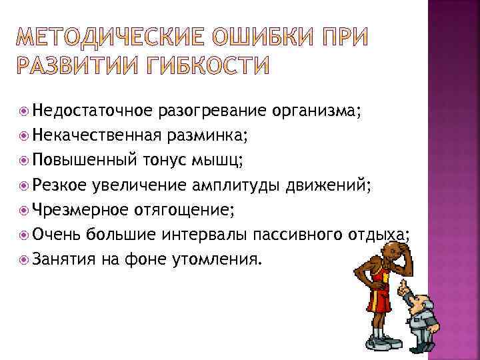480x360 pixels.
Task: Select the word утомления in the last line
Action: [220, 259]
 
